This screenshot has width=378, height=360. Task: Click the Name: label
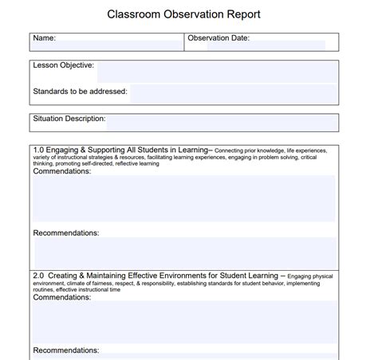click(44, 37)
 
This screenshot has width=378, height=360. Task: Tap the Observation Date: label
click(219, 37)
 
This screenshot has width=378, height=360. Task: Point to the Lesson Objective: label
click(63, 65)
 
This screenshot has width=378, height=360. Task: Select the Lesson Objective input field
click(215, 71)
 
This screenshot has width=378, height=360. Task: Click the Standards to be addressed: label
click(81, 92)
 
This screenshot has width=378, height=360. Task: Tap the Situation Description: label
click(69, 119)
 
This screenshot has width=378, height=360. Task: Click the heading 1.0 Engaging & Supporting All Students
click(120, 149)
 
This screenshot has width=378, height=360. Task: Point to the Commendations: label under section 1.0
click(62, 170)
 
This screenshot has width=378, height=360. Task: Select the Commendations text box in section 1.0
click(184, 199)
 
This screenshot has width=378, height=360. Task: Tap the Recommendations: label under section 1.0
click(65, 233)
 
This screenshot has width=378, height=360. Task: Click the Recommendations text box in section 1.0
click(184, 252)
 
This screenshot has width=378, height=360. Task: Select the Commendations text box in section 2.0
click(184, 321)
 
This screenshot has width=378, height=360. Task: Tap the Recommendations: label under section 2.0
click(65, 350)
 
